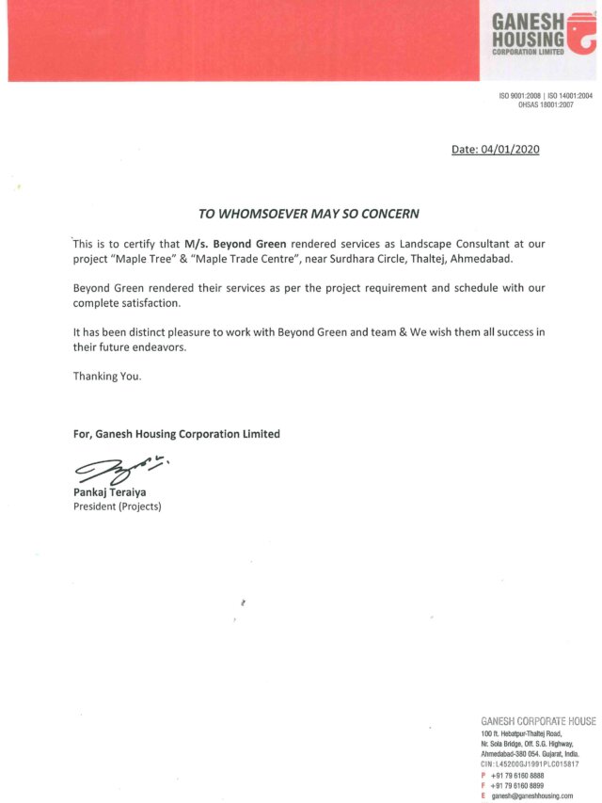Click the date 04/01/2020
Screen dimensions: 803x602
coord(509,149)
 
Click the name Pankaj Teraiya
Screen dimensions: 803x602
coord(112,492)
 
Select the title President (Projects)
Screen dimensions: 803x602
coord(118,506)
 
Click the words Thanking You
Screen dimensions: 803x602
coord(107,376)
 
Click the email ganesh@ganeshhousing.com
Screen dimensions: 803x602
coord(532,795)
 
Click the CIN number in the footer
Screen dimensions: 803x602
coord(530,764)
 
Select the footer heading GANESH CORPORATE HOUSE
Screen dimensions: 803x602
coord(537,721)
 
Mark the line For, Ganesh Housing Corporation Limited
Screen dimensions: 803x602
coord(176,434)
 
